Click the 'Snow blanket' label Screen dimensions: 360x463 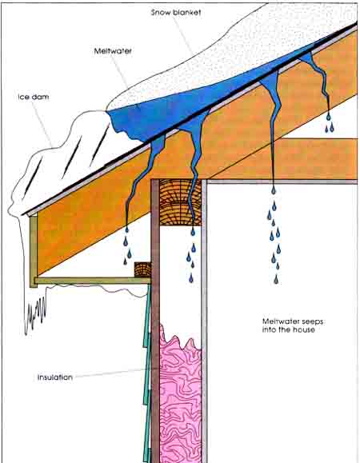pos(176,13)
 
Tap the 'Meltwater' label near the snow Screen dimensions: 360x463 pos(113,51)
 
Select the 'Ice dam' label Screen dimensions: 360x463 pos(34,97)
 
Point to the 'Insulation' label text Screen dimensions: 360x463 pos(55,377)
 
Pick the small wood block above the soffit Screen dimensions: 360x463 pos(142,269)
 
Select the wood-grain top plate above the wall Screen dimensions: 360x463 pos(180,202)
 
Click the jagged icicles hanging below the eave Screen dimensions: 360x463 pos(35,313)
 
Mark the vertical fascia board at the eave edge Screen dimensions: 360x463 pos(34,251)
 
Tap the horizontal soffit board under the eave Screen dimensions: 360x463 pos(93,281)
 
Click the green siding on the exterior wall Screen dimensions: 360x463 pos(147,375)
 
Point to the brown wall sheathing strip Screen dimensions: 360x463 pos(155,321)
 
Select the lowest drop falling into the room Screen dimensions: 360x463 pos(276,279)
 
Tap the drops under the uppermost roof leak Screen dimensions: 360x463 pos(330,123)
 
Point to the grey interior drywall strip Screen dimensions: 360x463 pos(204,321)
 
